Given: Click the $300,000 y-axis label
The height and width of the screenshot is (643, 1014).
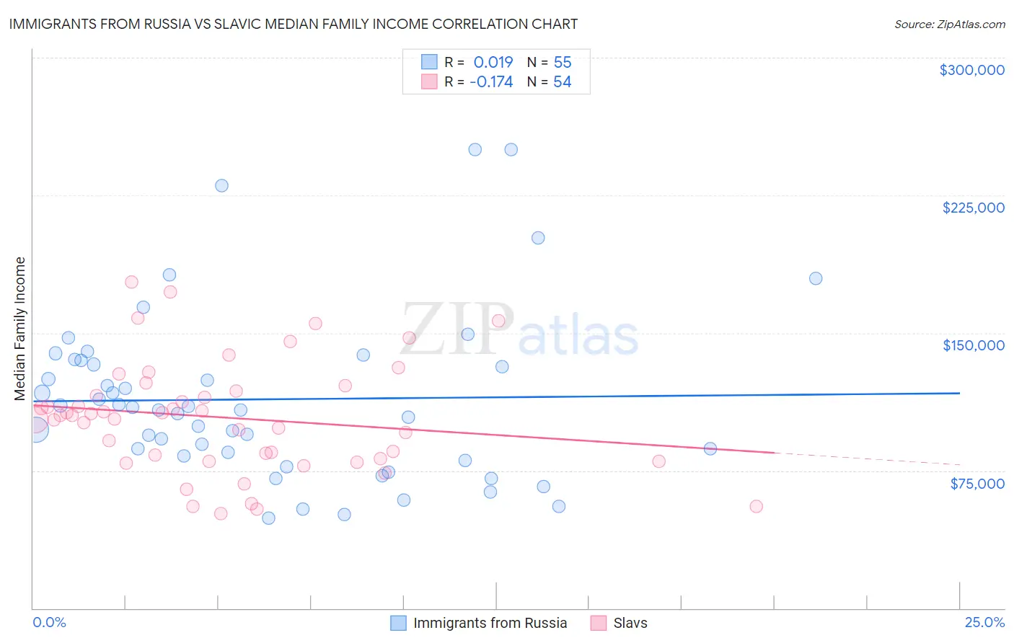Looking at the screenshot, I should point(971,70).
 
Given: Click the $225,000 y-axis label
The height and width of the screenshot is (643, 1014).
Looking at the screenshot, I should point(973,208).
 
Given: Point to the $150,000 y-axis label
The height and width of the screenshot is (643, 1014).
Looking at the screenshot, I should point(973,345).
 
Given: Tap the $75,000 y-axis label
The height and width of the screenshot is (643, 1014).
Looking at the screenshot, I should point(976,484).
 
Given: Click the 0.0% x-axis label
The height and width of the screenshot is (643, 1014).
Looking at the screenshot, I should point(49,622).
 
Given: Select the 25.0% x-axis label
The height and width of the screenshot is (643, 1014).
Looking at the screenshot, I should point(984,622).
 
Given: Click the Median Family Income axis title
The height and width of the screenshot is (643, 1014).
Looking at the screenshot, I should point(19,329).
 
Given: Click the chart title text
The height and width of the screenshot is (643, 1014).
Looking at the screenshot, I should point(293,24).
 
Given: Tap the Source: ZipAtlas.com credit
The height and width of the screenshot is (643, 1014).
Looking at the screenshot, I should point(949,24).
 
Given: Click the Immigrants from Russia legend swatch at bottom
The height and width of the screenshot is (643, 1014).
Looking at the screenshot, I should point(398,623).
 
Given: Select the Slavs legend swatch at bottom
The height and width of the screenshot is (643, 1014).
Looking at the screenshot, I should point(598,623).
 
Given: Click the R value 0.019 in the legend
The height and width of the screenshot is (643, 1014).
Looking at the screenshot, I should point(493,63).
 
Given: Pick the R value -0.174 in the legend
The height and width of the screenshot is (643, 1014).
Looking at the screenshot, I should point(491,82).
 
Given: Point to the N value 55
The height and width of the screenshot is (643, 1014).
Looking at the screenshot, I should point(563,63).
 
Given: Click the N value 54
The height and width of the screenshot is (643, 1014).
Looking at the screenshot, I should point(563,82).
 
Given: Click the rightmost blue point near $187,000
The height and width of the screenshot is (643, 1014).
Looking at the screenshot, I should point(816,278).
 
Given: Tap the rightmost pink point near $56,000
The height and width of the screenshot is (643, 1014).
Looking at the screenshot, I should point(756,506).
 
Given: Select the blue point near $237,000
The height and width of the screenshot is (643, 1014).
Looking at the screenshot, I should point(221,185).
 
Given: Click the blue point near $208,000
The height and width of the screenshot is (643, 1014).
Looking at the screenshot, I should point(538,238).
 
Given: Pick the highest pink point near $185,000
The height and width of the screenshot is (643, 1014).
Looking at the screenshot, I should point(131,282).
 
